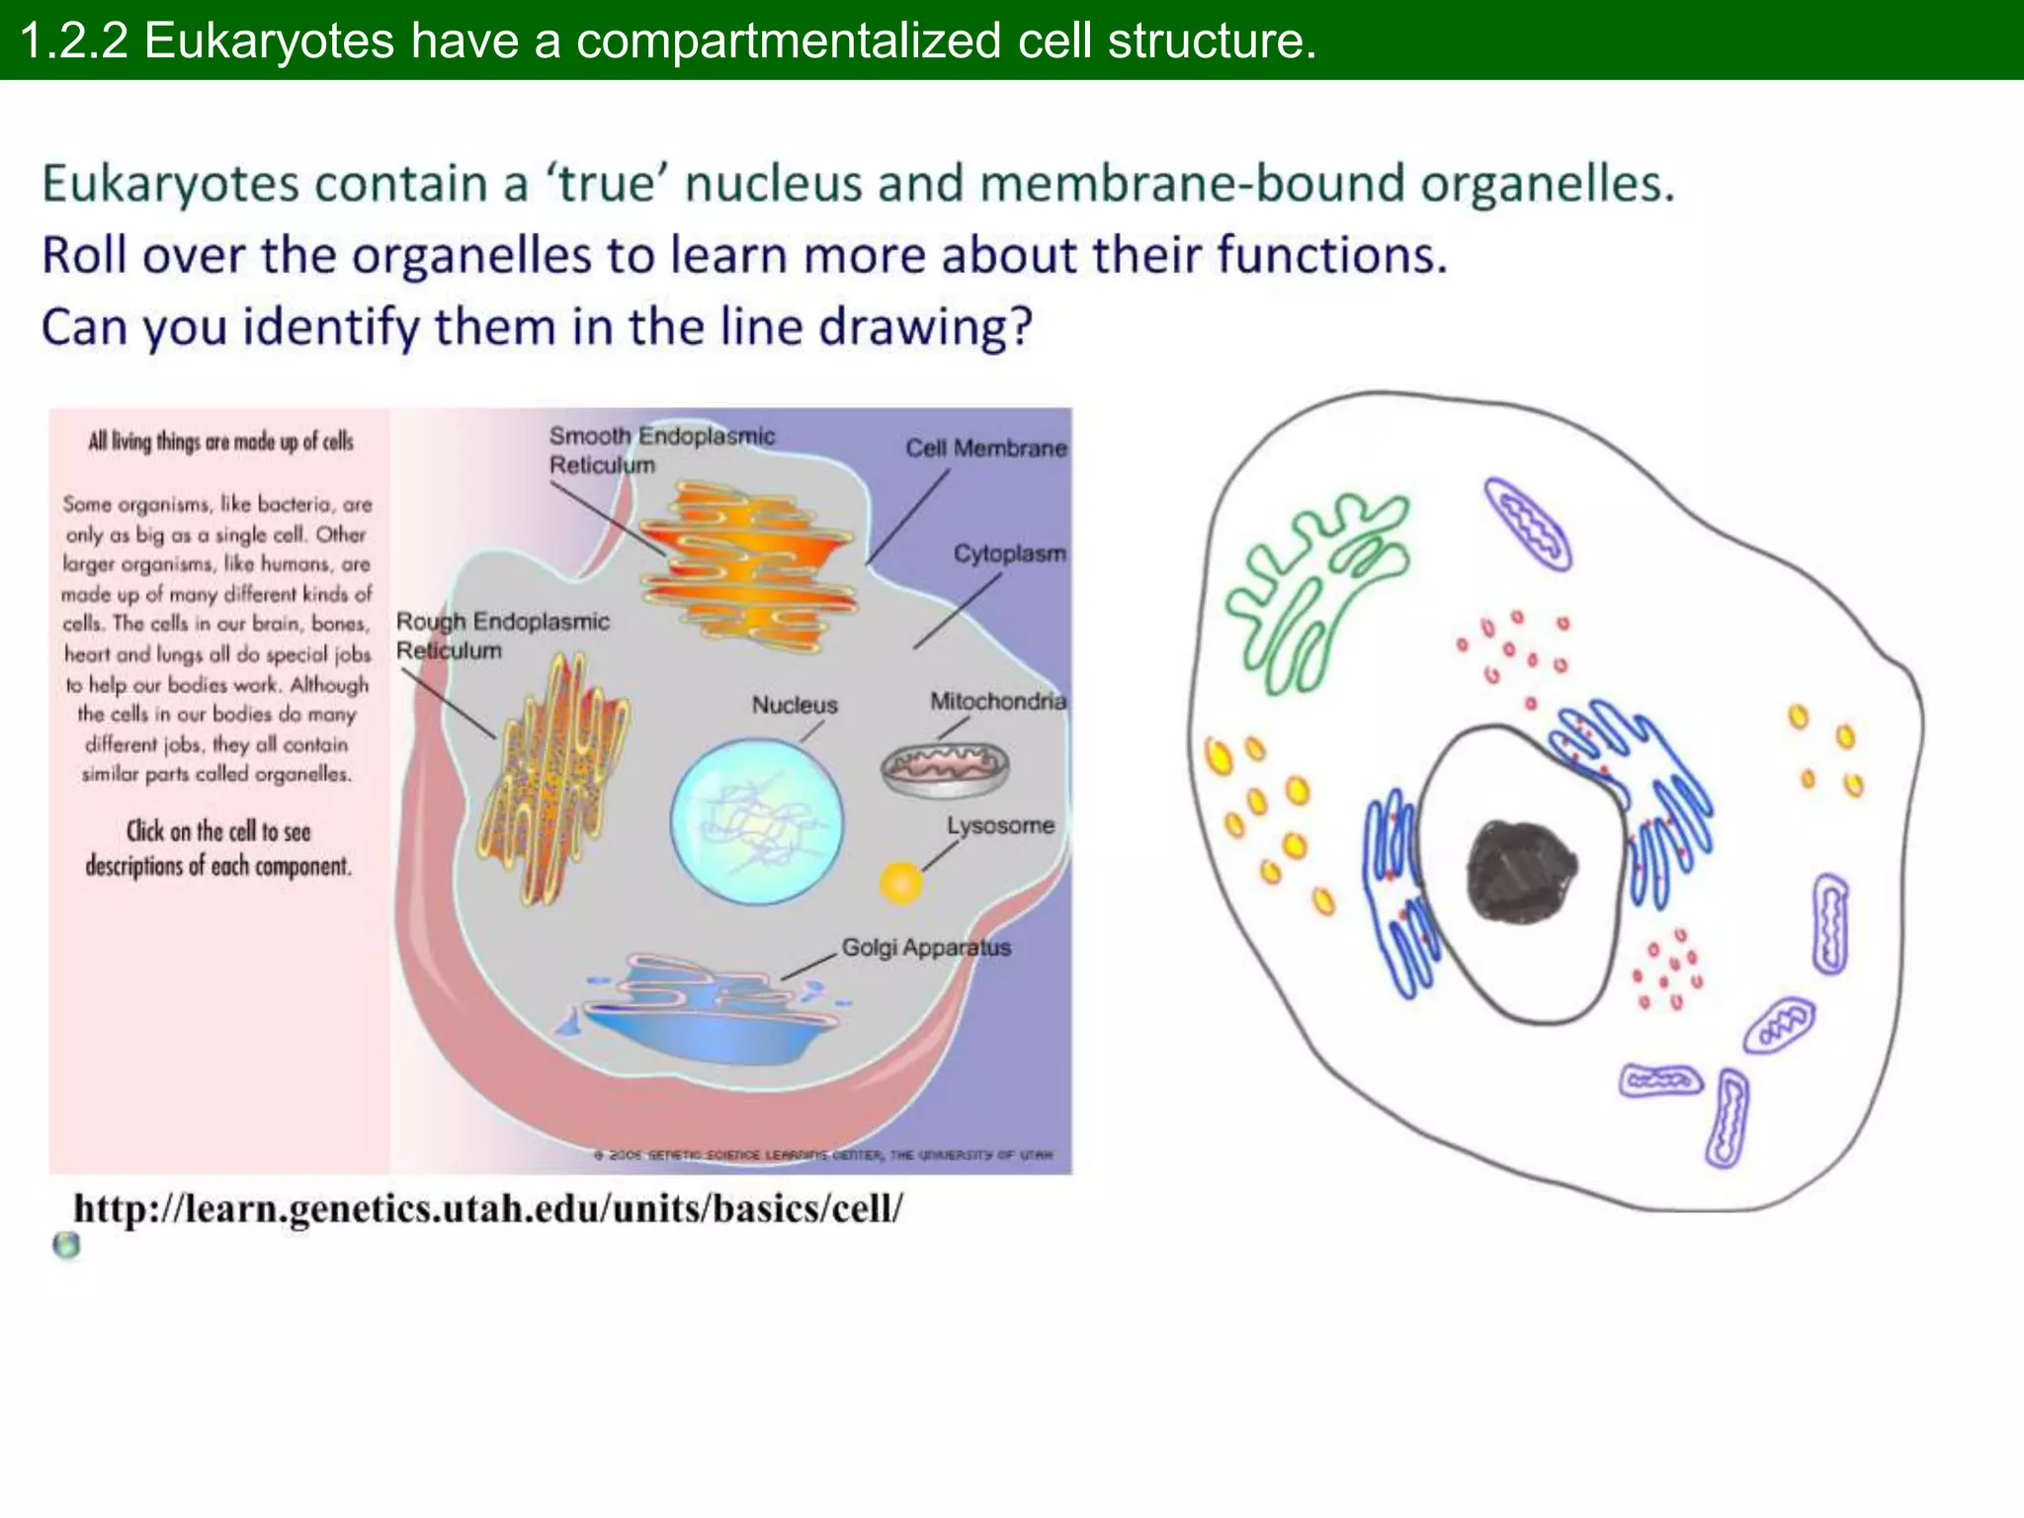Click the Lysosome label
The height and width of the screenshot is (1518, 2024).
point(999,825)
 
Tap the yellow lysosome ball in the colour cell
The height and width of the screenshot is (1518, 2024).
point(900,883)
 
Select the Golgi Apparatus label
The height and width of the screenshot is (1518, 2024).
point(926,947)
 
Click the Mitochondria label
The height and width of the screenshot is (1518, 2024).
point(997,702)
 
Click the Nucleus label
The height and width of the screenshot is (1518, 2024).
point(795,705)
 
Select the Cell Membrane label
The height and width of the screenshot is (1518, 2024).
point(985,449)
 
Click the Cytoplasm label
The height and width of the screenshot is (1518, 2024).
point(1009,553)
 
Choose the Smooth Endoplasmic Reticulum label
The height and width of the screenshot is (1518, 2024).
point(661,450)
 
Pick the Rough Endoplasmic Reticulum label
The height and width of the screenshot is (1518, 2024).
point(502,635)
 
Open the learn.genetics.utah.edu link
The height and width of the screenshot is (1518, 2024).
point(488,1209)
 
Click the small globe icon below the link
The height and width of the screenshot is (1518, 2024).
point(66,1245)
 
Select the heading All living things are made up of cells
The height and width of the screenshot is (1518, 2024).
point(220,442)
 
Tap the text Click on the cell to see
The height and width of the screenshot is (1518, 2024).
point(218,831)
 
